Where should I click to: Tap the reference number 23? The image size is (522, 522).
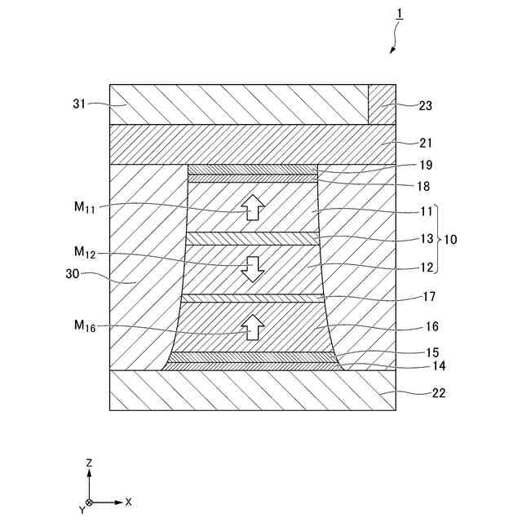tap(425, 105)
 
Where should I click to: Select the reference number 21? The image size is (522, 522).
tap(425, 144)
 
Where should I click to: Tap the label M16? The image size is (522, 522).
tap(85, 327)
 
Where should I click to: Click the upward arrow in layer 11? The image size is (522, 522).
tap(253, 208)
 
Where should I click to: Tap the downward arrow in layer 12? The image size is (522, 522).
tap(253, 268)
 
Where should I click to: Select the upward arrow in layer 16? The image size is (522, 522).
tap(253, 327)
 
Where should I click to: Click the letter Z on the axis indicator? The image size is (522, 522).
tap(89, 462)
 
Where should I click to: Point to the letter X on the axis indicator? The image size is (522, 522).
tap(129, 502)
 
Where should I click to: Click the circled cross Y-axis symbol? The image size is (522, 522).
tap(89, 502)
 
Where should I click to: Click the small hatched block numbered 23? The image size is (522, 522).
tap(382, 104)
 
